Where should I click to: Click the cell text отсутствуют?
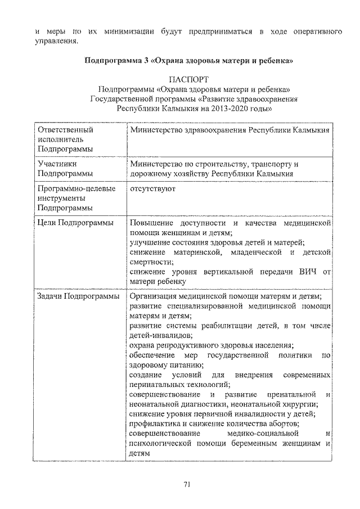[x=152, y=189]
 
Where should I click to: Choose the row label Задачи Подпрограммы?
[x=78, y=296]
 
